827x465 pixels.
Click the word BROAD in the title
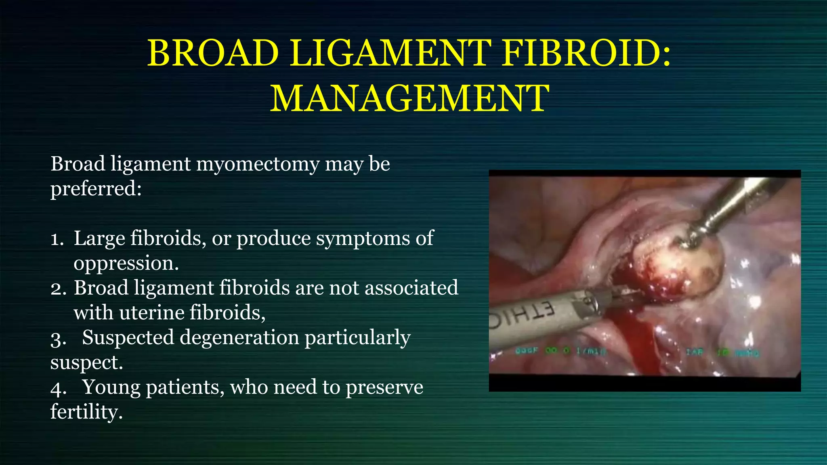(213, 53)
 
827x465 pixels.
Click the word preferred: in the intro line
(96, 189)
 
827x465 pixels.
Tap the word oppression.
(126, 263)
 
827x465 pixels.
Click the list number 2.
(57, 289)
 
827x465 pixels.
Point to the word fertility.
(86, 412)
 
